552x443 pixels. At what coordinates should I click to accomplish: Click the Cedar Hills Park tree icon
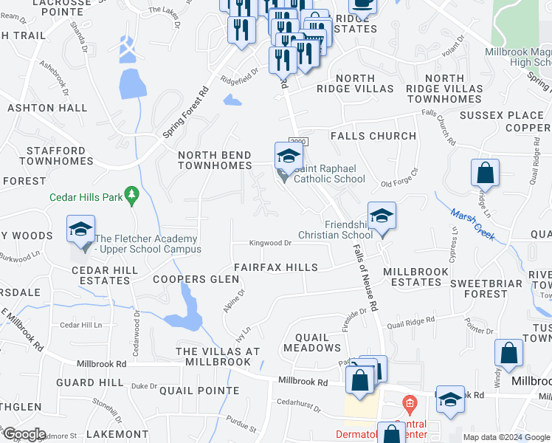click(132, 196)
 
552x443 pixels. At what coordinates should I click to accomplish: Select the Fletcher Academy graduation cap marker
click(81, 229)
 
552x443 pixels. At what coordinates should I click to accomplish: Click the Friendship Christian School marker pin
click(382, 216)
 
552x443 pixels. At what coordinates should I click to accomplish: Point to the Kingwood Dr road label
click(271, 243)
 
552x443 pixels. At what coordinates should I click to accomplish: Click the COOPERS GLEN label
click(196, 279)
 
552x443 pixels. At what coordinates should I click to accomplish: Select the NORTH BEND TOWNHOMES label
click(215, 160)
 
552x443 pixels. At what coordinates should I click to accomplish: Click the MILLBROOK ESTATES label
click(415, 277)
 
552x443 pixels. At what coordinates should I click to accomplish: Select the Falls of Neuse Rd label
click(365, 276)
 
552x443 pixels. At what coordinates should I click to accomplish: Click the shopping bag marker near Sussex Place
click(486, 174)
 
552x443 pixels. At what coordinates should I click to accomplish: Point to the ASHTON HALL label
click(47, 108)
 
